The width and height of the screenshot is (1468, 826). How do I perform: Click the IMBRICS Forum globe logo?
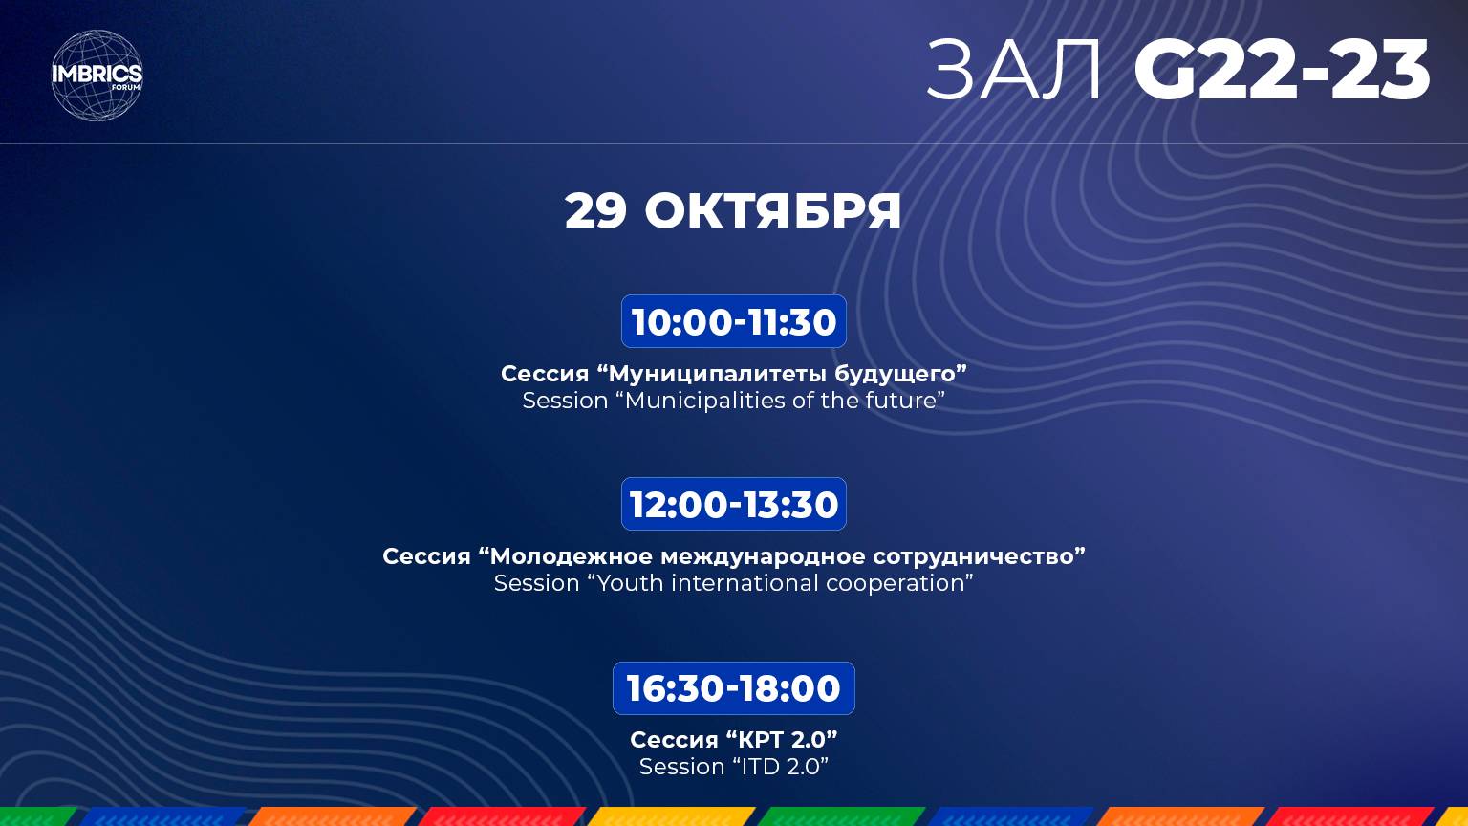tap(97, 76)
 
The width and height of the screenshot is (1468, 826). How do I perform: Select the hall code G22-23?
tap(1282, 71)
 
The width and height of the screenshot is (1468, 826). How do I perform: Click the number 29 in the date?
tap(595, 210)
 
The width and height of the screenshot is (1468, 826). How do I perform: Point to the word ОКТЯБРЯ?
tap(773, 210)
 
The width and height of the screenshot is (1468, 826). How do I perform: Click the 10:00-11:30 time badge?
tap(734, 322)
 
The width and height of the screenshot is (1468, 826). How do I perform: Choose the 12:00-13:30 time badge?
tap(734, 505)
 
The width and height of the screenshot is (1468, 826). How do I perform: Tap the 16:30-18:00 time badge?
tap(734, 688)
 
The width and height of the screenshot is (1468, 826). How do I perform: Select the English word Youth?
tap(629, 583)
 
